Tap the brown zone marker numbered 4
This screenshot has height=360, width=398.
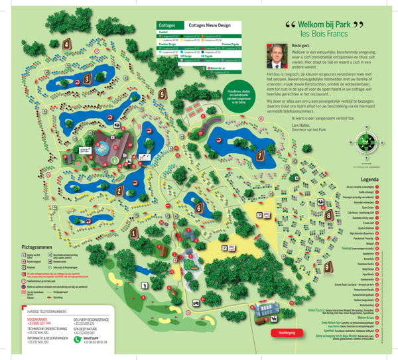pyautogui.click(x=68, y=44)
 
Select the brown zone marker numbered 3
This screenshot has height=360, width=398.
pyautogui.click(x=87, y=78)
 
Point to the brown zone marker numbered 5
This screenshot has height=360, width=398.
pyautogui.click(x=163, y=93)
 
